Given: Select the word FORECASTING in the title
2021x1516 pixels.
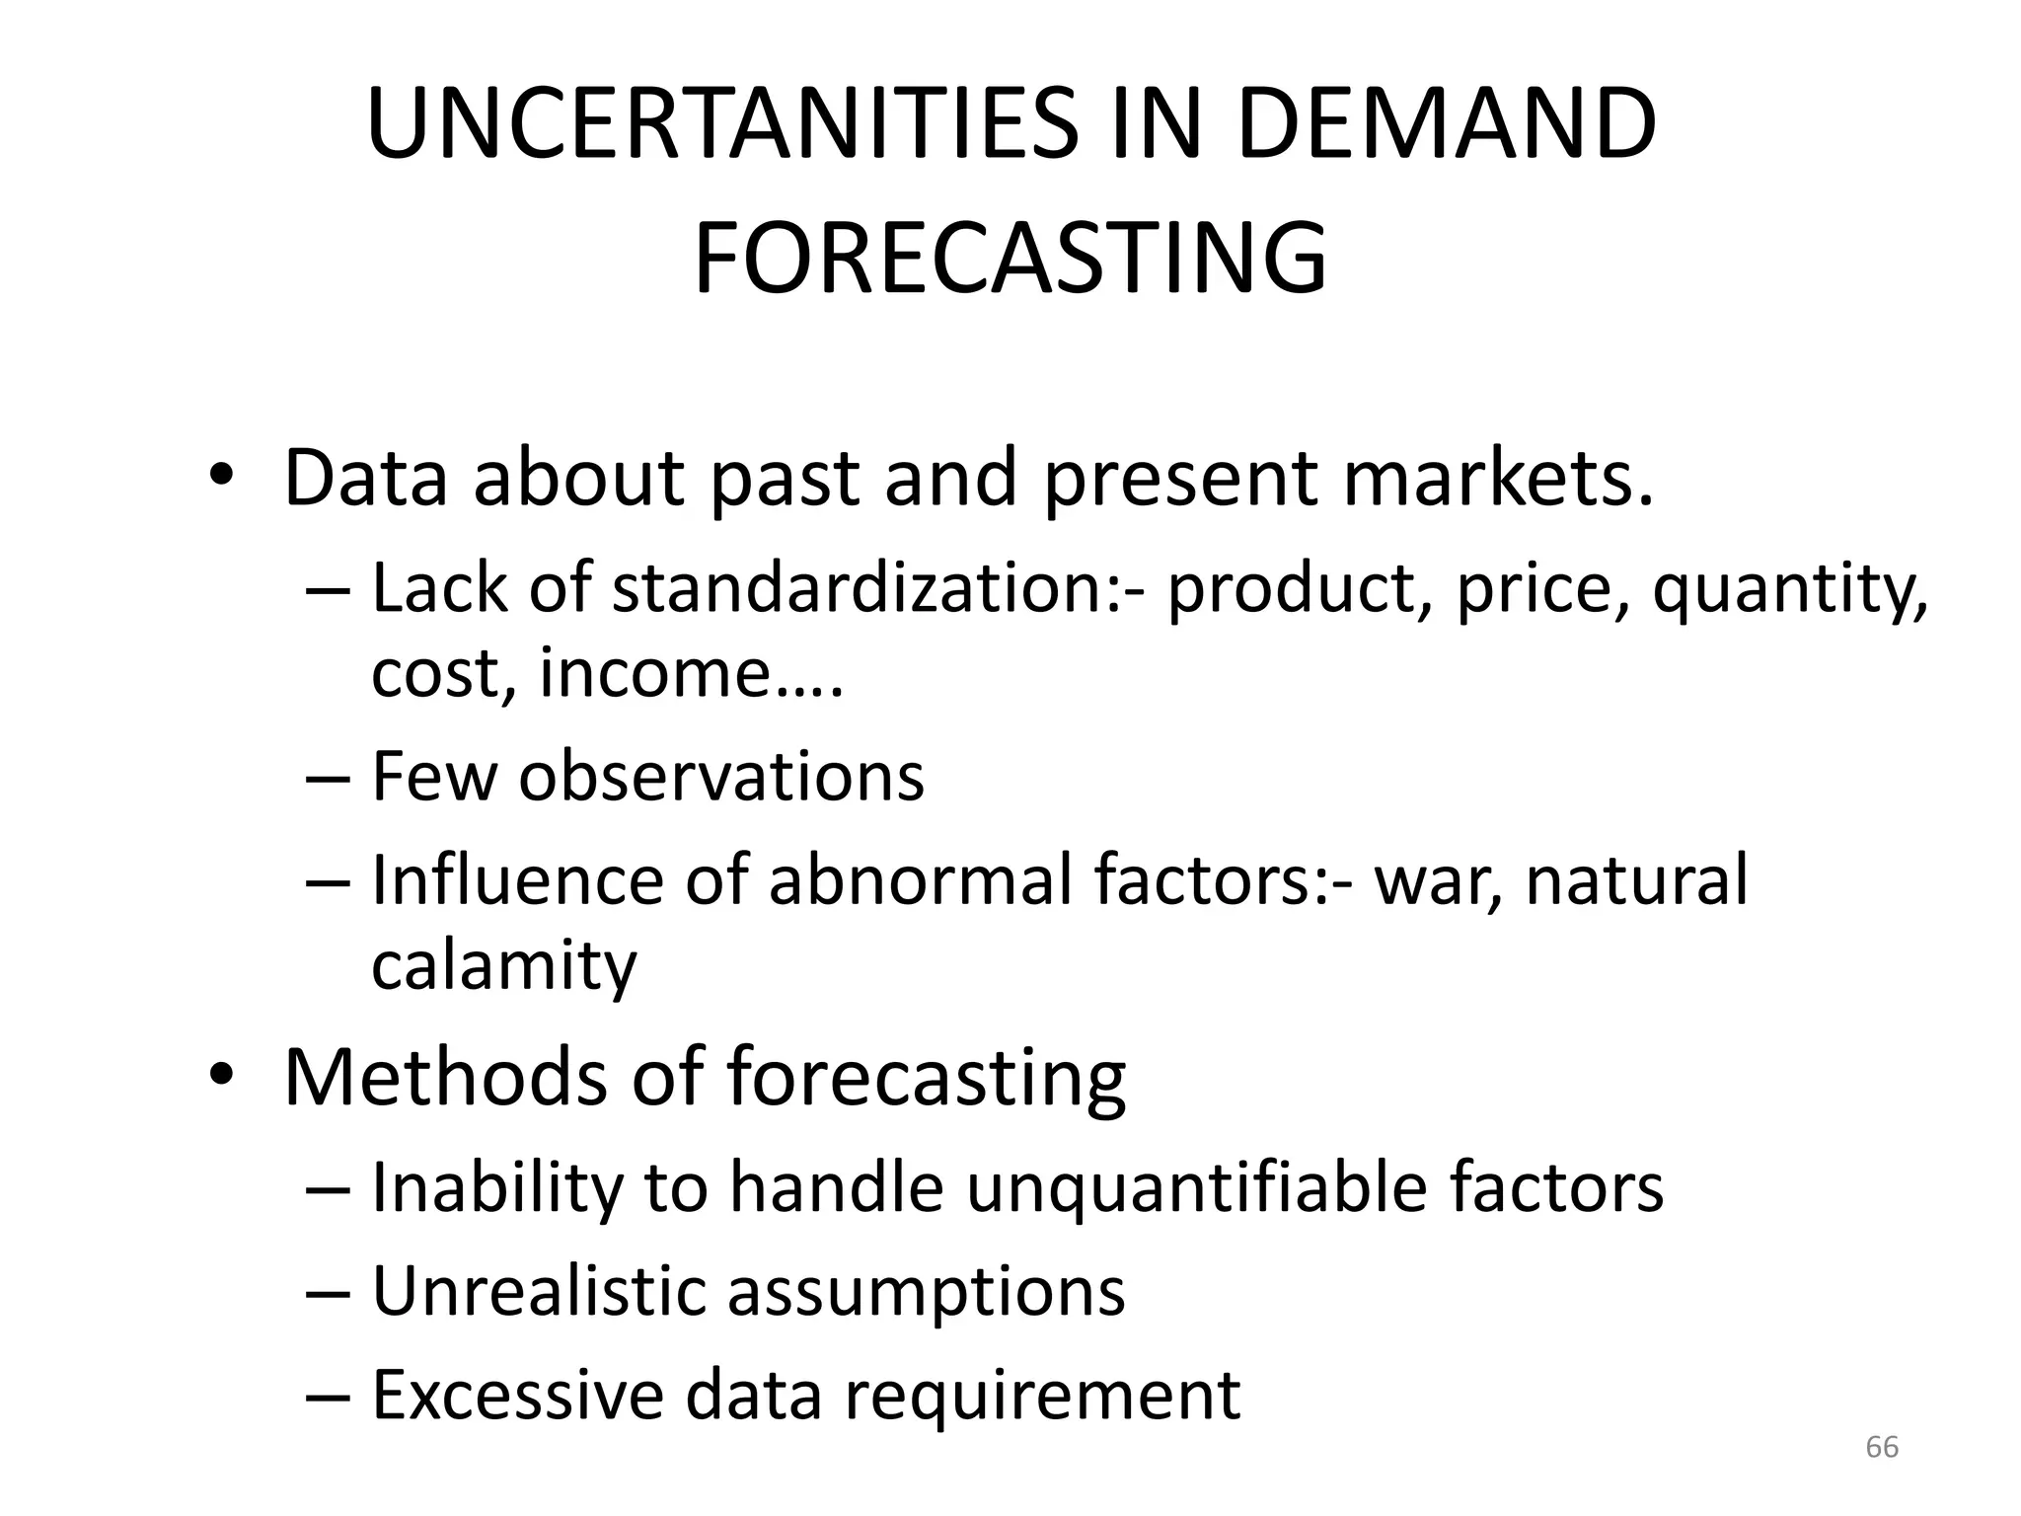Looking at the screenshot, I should click(1010, 260).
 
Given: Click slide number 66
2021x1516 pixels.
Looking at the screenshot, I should click(1882, 1447).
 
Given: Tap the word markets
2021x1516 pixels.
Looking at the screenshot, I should click(1496, 479).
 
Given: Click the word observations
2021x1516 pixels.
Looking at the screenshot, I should click(721, 776).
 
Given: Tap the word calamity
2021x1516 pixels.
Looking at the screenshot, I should click(504, 966).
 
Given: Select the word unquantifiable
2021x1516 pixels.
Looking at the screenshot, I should click(1196, 1187).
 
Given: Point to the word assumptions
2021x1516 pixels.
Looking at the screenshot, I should click(926, 1294).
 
